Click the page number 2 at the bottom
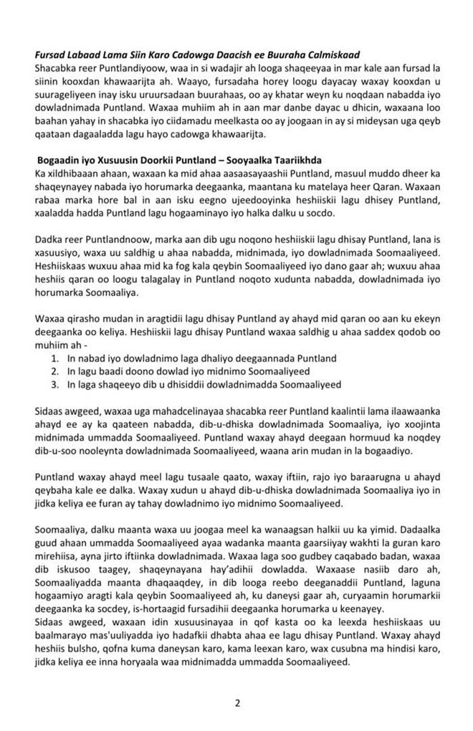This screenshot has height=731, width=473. click(236, 702)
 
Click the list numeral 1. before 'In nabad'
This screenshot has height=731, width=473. click(57, 357)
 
